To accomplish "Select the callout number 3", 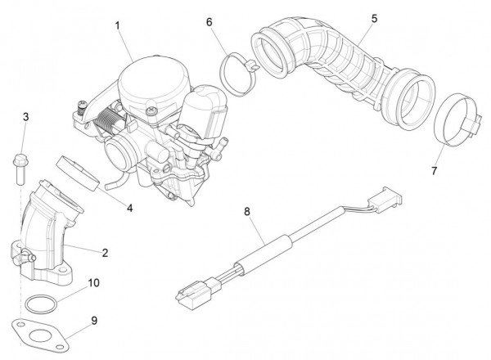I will tap(25, 117).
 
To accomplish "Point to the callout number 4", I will tap(128, 208).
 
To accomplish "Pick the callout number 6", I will tap(209, 22).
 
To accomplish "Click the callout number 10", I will tap(94, 282).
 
